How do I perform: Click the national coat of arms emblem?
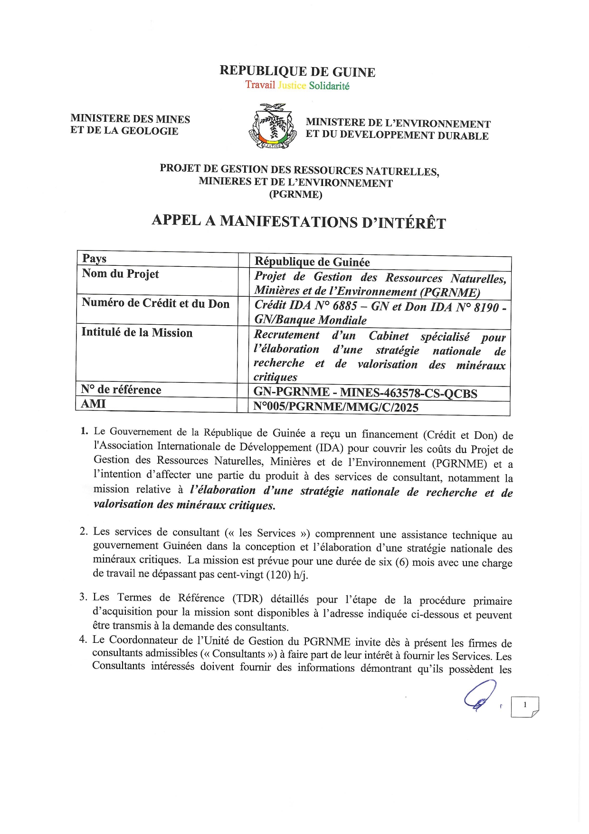(x=271, y=126)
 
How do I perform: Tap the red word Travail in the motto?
(x=260, y=85)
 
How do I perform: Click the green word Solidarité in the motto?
(x=329, y=86)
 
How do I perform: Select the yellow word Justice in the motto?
(x=292, y=85)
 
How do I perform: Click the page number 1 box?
(x=524, y=706)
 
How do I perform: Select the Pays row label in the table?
(x=94, y=259)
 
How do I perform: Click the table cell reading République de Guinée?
(x=312, y=262)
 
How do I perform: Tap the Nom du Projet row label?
(x=120, y=274)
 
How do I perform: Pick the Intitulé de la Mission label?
(x=137, y=332)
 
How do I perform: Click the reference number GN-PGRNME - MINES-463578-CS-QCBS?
(x=365, y=393)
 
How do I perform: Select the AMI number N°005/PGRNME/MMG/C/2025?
(x=336, y=407)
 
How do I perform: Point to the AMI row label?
(x=93, y=404)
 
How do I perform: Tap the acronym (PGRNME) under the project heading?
(x=295, y=194)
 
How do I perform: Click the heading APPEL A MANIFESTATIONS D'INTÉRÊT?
(x=298, y=222)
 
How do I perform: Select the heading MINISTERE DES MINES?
(x=130, y=119)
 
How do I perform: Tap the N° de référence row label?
(x=121, y=390)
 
